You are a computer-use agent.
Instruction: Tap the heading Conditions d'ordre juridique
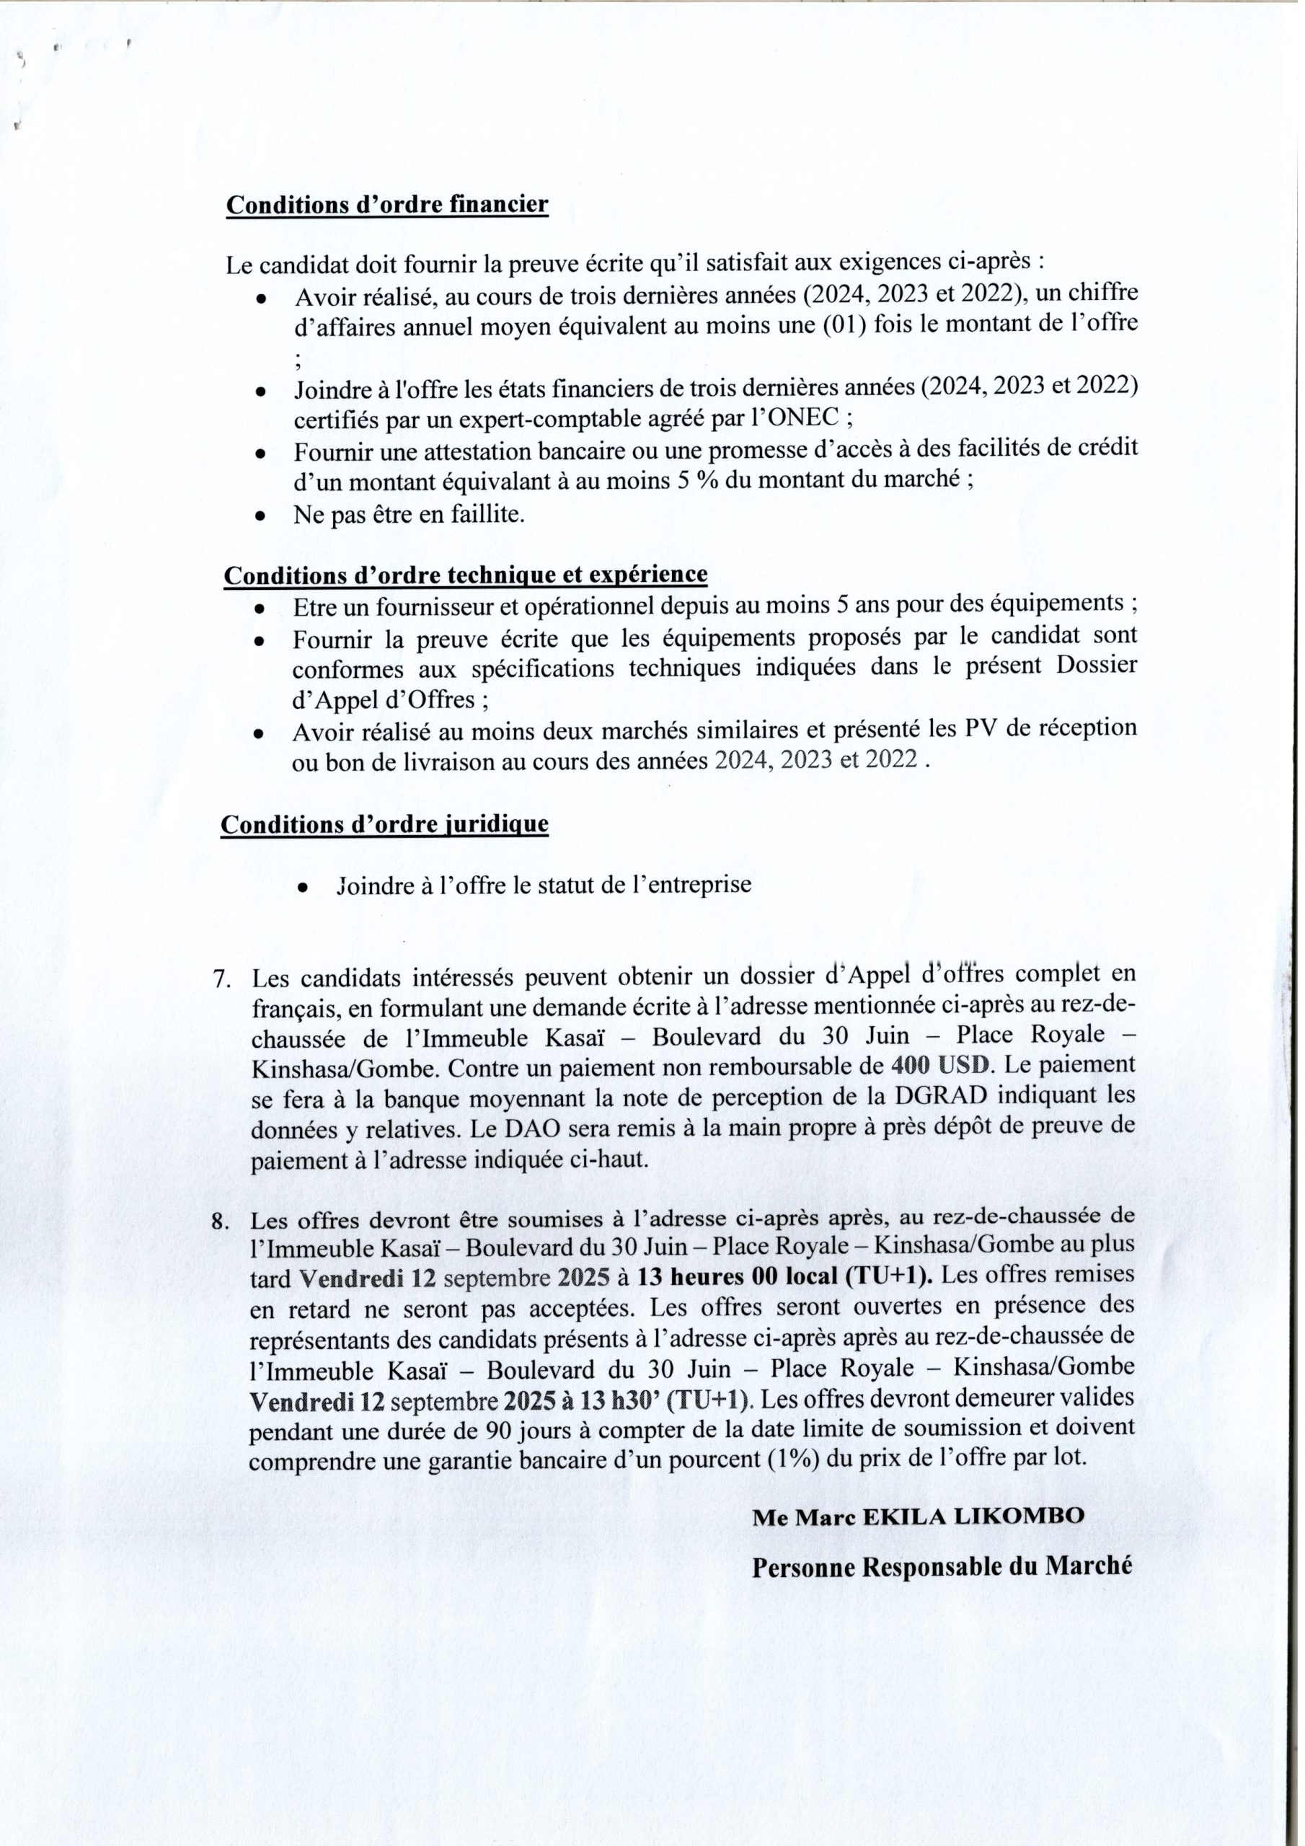[x=384, y=825]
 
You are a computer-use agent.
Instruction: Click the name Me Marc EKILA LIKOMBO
[x=919, y=1517]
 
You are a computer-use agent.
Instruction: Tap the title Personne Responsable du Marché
[x=942, y=1566]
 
